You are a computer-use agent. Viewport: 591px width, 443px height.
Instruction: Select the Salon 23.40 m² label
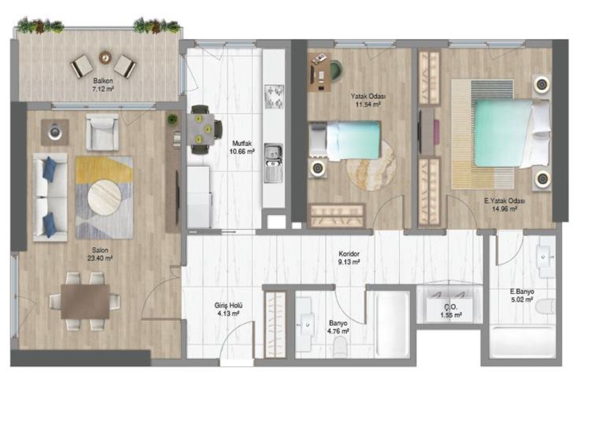tap(100, 255)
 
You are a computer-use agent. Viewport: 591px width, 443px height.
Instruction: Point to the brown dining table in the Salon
tap(85, 301)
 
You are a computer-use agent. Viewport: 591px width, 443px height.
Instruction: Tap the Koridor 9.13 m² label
tap(349, 257)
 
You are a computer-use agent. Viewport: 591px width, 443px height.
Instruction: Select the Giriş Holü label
tap(228, 309)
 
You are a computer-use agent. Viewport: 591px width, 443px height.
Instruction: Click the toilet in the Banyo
tap(341, 347)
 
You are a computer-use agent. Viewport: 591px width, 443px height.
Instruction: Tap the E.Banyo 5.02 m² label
tap(522, 295)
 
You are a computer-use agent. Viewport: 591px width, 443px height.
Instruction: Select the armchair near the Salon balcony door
tap(102, 132)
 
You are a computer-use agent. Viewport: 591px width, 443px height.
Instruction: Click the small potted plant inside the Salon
tap(172, 119)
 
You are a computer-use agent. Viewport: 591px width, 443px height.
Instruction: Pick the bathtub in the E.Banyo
tap(521, 342)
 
